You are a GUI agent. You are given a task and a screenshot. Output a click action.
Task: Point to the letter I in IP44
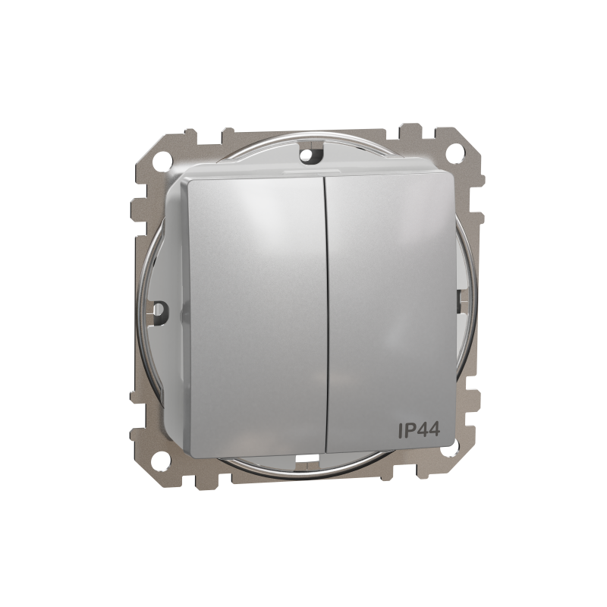(x=401, y=430)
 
